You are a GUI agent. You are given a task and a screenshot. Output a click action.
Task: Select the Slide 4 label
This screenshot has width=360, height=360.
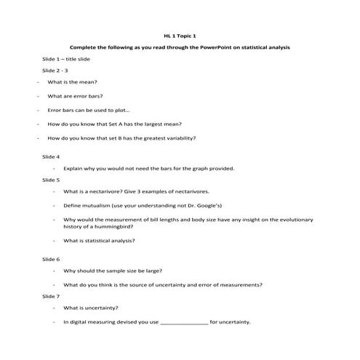click(x=51, y=156)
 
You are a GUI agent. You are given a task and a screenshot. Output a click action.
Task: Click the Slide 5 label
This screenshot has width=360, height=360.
click(x=51, y=179)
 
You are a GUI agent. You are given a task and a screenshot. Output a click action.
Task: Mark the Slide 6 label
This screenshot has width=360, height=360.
click(x=51, y=259)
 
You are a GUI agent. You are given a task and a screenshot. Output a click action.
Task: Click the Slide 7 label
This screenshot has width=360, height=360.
click(x=51, y=296)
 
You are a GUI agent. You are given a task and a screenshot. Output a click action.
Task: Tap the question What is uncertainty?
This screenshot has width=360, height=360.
click(x=91, y=308)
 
